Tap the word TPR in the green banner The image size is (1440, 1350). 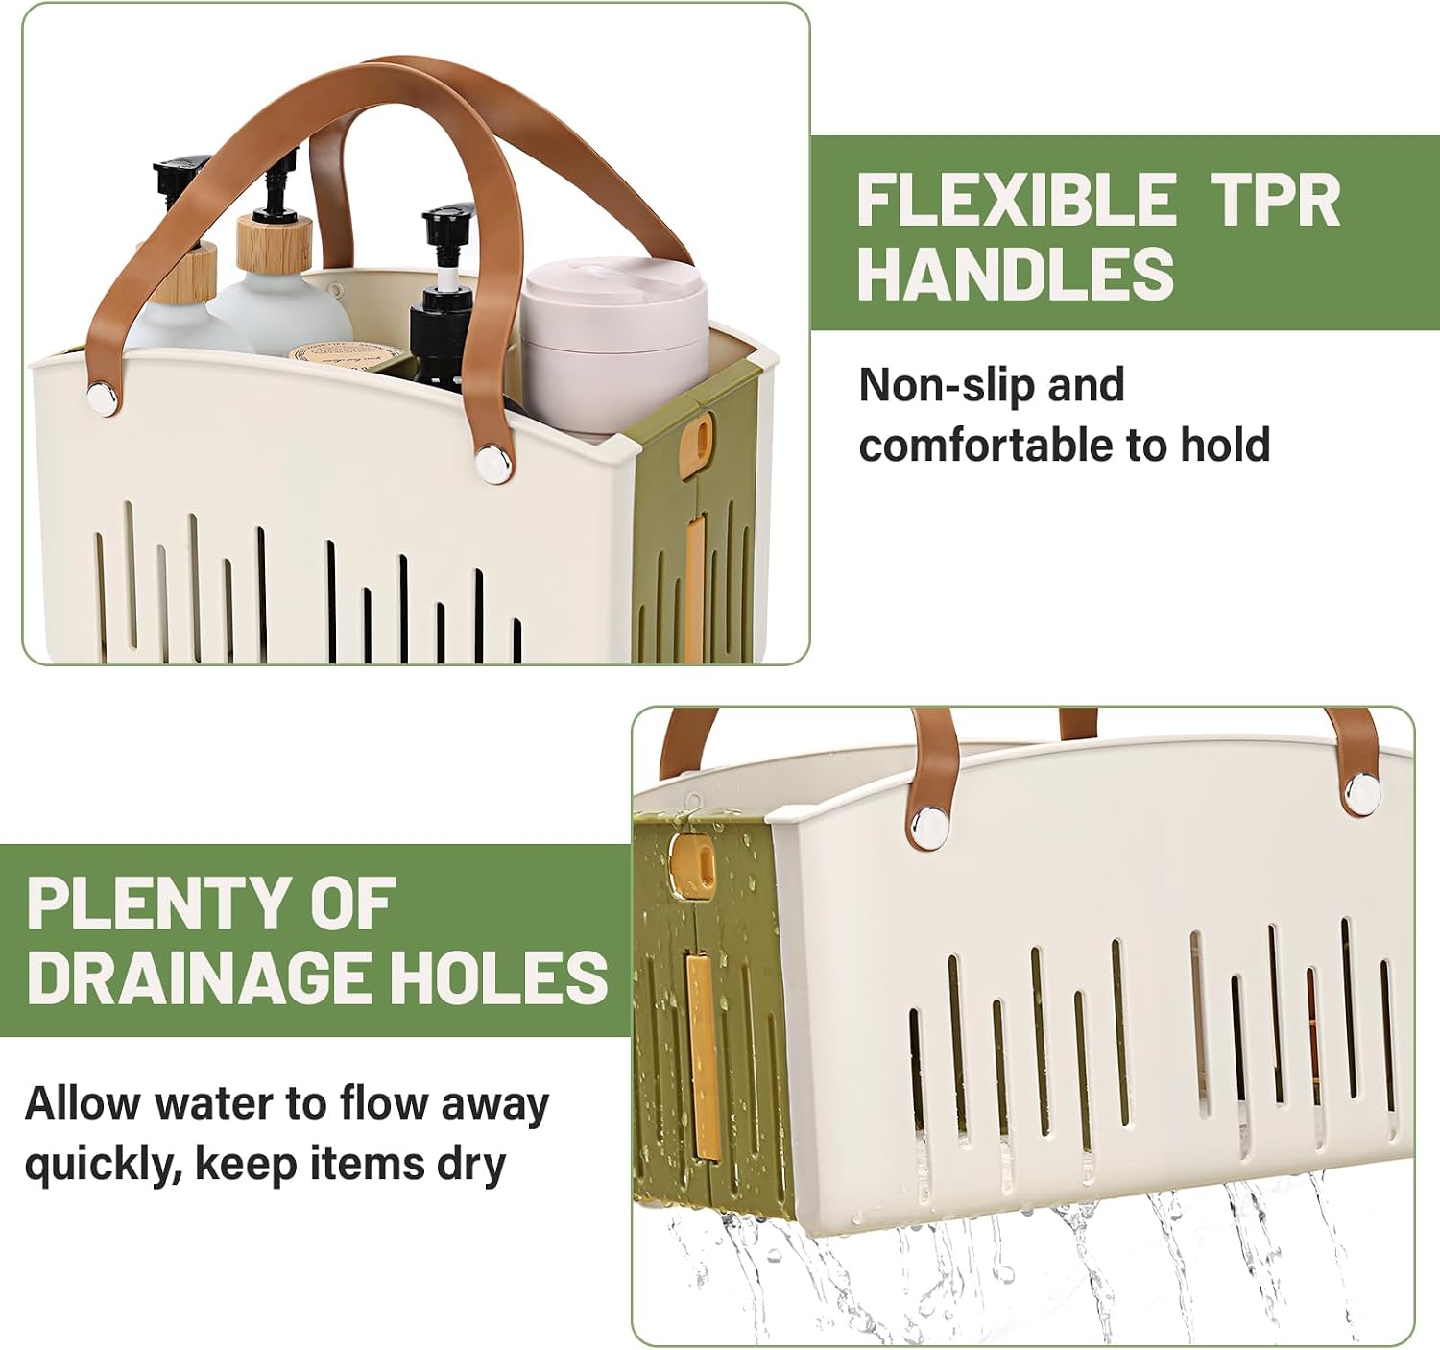click(x=1276, y=200)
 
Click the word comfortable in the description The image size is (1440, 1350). click(x=987, y=444)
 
